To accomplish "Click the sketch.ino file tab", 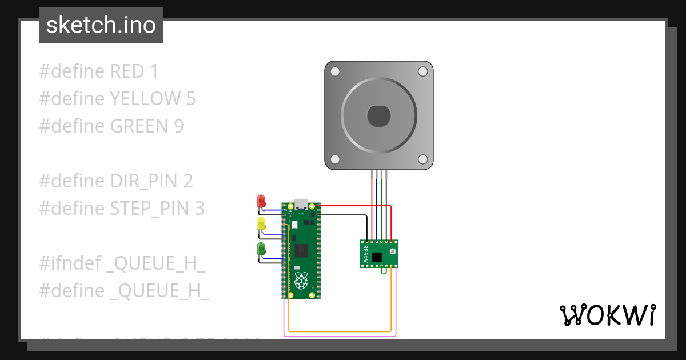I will click(x=101, y=25).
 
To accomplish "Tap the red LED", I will click(x=261, y=201).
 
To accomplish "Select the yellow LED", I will click(x=261, y=224).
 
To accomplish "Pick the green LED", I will click(x=261, y=249).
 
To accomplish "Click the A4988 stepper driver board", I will click(x=379, y=253).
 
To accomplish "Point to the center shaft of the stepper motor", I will click(x=378, y=116).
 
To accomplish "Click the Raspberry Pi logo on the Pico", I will click(x=301, y=280).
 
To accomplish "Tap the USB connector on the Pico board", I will click(x=301, y=205).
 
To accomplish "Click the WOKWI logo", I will click(x=607, y=315).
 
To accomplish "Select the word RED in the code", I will click(x=127, y=71).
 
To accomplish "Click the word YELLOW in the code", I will click(x=145, y=99).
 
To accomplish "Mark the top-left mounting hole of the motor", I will click(x=336, y=71).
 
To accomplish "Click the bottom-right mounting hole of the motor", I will click(x=422, y=159).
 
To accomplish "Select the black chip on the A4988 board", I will click(x=377, y=257).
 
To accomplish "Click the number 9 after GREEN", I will click(x=178, y=126).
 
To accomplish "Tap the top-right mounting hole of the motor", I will click(x=422, y=71).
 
